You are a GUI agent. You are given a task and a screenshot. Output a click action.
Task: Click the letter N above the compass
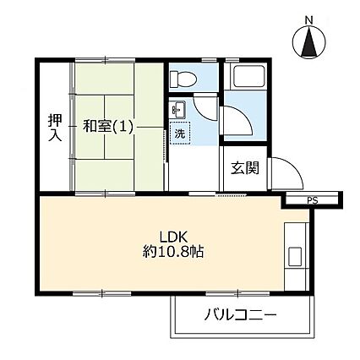click(x=309, y=20)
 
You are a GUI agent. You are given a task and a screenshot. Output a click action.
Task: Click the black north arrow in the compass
click(x=309, y=41)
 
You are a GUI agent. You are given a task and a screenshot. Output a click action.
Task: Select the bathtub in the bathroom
click(x=247, y=77)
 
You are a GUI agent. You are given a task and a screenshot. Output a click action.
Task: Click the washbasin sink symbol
click(x=178, y=110)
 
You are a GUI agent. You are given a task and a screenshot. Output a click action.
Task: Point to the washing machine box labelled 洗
click(x=180, y=134)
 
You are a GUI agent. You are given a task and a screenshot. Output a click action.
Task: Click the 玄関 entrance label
click(x=245, y=168)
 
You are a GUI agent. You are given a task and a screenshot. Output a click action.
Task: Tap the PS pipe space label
click(x=313, y=201)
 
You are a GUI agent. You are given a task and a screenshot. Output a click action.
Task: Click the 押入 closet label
click(x=55, y=128)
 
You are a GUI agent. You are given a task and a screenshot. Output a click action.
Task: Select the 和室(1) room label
click(x=107, y=127)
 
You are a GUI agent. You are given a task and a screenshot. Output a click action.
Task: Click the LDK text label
click(x=174, y=237)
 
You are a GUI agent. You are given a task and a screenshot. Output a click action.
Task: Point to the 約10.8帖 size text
click(x=173, y=252)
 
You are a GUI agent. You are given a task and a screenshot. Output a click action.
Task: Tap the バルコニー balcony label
click(x=240, y=315)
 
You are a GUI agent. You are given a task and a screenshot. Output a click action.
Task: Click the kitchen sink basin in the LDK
click(x=295, y=257)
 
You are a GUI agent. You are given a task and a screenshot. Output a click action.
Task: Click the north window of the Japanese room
click(x=105, y=60)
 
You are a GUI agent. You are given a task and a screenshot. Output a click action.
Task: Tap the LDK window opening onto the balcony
click(x=237, y=294)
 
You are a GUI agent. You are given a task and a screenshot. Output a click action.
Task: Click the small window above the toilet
click(x=210, y=60)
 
